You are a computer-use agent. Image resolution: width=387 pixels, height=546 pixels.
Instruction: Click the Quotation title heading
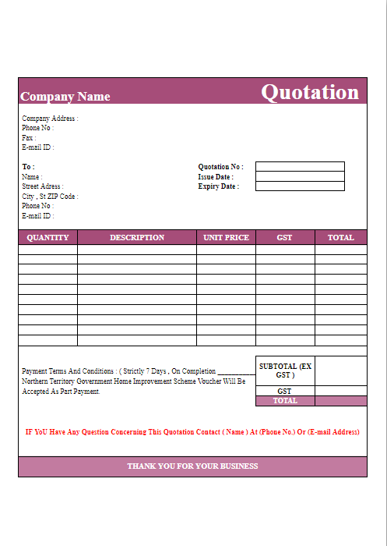pos(310,92)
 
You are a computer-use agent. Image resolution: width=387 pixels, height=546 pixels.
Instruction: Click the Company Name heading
pos(65,97)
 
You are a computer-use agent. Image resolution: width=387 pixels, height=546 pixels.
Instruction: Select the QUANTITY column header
pos(47,237)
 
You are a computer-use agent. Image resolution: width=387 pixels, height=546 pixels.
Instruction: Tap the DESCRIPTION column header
pos(137,237)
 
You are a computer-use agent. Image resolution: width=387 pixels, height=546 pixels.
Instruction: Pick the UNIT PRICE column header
pos(226,237)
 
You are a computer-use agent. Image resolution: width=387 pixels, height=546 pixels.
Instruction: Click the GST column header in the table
pos(285,237)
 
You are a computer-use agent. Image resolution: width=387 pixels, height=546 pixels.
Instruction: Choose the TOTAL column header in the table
pos(340,237)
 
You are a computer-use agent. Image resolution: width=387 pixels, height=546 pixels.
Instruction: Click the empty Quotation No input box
pos(300,166)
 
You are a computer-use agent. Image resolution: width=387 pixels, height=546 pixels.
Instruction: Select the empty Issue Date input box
pos(300,176)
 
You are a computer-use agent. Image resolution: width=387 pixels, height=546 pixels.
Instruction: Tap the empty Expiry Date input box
pos(300,186)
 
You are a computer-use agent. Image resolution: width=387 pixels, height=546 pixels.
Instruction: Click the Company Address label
pos(50,119)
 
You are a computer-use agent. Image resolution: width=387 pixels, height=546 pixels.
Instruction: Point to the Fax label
pos(29,138)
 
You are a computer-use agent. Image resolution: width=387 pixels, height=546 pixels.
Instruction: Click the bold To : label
pos(28,167)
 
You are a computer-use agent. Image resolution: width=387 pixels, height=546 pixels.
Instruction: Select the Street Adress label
pos(43,186)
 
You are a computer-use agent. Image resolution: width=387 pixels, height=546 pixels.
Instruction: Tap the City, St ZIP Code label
pos(50,197)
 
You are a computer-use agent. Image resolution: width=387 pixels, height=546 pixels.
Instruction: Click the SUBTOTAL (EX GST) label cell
pos(285,370)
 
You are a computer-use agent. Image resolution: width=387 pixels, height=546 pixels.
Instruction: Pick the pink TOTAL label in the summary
pos(285,401)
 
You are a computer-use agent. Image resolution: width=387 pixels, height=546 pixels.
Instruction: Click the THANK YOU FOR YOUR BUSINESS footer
pos(192,466)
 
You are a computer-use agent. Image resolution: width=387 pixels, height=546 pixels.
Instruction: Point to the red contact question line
pos(192,431)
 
